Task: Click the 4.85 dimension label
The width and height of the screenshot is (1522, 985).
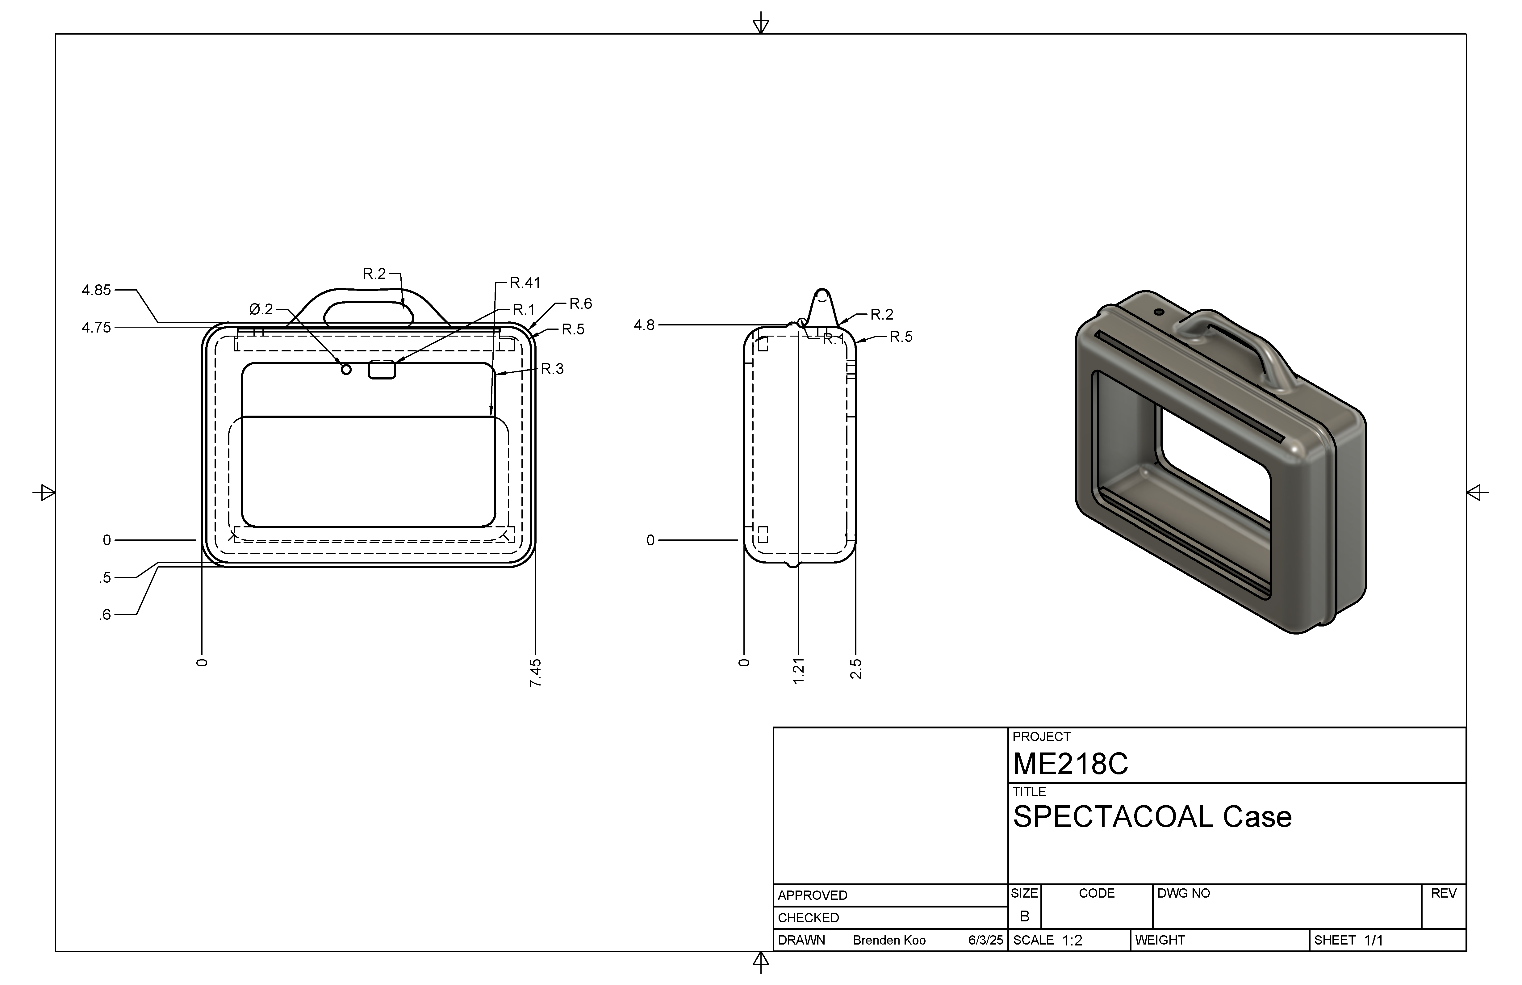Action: pos(97,290)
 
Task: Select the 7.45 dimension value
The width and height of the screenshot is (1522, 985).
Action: pos(536,673)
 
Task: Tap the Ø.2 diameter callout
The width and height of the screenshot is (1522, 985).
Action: pos(261,310)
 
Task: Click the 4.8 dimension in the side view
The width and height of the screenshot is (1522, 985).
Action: pos(644,325)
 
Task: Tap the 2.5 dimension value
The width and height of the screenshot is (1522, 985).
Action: pos(856,669)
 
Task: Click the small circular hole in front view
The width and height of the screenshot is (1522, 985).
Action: pos(346,370)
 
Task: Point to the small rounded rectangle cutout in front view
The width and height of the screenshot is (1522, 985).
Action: pos(382,370)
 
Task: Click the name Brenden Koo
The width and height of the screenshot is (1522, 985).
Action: pos(889,940)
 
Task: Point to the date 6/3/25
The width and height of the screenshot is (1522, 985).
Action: pos(985,940)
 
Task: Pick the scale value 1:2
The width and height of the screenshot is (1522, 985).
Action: pos(1073,940)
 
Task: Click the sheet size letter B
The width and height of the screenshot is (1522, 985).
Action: pos(1024,916)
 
